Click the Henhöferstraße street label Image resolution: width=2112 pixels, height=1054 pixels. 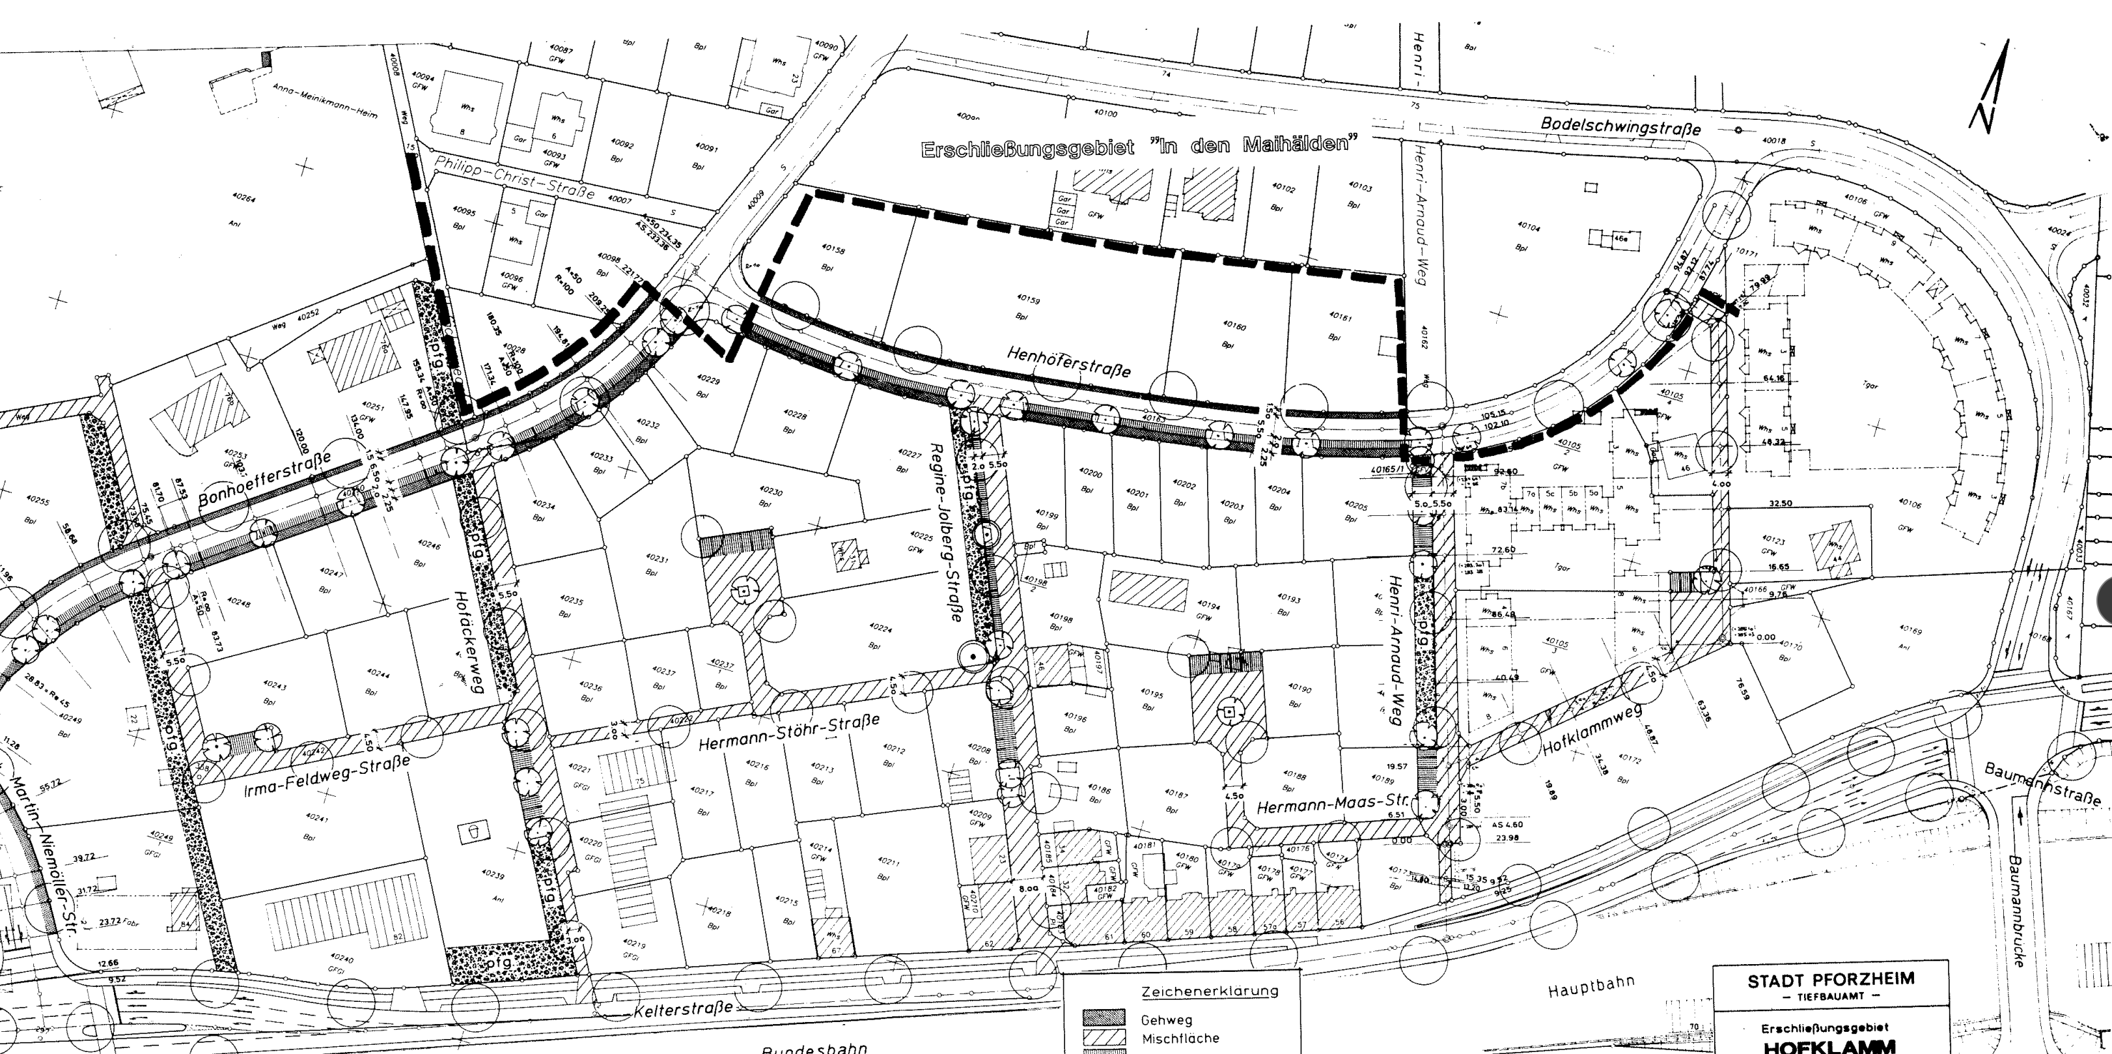point(1068,361)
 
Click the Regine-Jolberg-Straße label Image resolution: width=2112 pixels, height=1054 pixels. point(945,532)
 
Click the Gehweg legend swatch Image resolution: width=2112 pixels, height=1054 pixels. point(1103,1019)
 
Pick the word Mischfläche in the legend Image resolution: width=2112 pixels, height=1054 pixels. point(1179,1038)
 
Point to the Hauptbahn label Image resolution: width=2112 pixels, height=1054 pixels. point(1591,987)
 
